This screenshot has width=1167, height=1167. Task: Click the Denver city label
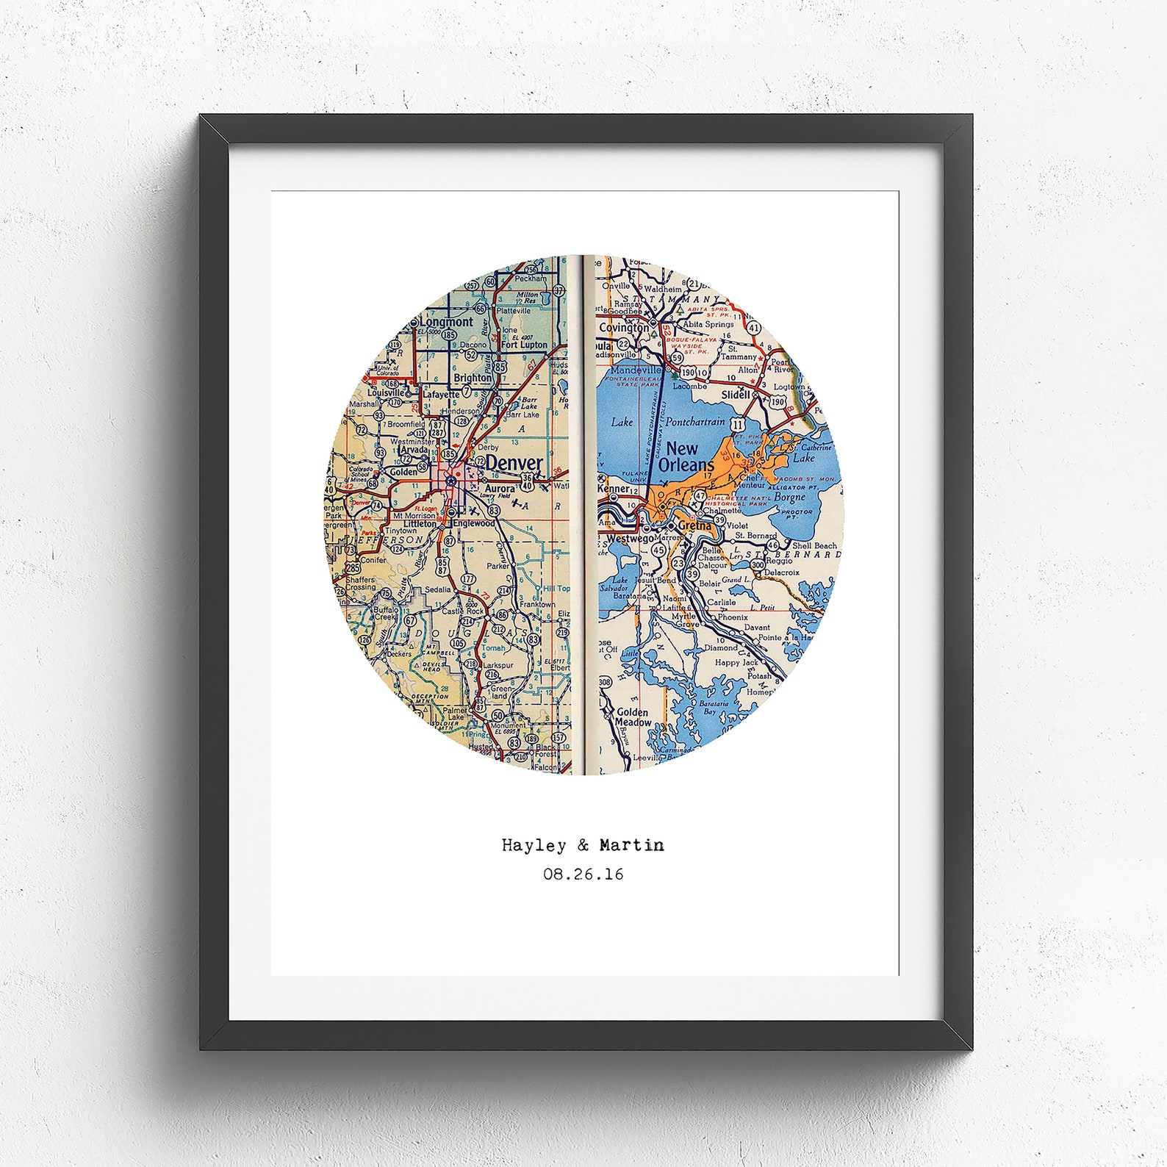pyautogui.click(x=514, y=464)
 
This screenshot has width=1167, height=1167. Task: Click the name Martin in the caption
pyautogui.click(x=631, y=845)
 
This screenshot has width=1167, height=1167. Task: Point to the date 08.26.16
pyautogui.click(x=583, y=875)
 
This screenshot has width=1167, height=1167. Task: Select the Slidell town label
pyautogui.click(x=736, y=394)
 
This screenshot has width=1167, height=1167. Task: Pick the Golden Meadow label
pyautogui.click(x=632, y=717)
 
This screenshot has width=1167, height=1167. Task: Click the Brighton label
pyautogui.click(x=473, y=378)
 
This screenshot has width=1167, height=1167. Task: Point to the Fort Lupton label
pyautogui.click(x=524, y=345)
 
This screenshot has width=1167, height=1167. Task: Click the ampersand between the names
pyautogui.click(x=583, y=845)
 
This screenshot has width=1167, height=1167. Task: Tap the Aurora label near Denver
pyautogui.click(x=500, y=488)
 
